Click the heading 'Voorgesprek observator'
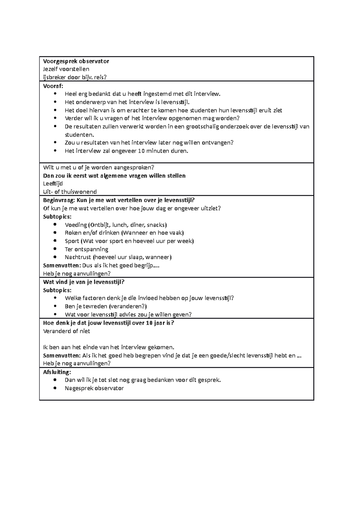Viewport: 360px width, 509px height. [x=76, y=61]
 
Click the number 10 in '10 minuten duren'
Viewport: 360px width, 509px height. [x=141, y=151]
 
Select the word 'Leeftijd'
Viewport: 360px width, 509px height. [x=53, y=183]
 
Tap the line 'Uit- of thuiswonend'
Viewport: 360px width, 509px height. [x=70, y=192]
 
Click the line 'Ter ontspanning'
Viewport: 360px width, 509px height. [x=86, y=249]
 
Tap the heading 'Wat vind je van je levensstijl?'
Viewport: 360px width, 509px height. [x=84, y=282]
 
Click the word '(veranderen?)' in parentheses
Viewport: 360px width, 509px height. [x=128, y=306]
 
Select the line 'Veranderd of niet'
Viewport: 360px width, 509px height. [x=67, y=331]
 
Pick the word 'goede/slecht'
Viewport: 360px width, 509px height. [x=228, y=356]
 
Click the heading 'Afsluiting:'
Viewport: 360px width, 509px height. [x=57, y=372]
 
